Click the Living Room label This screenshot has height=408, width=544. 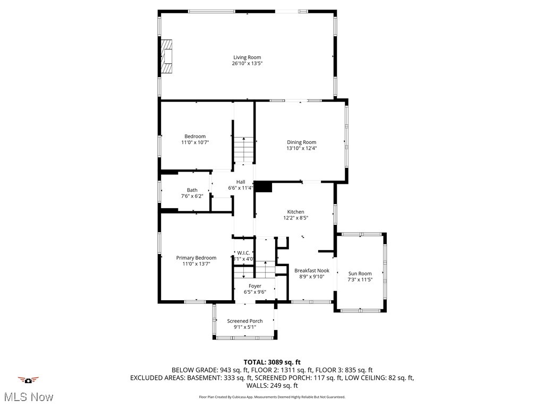[x=247, y=57]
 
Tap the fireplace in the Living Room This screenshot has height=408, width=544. [x=167, y=56]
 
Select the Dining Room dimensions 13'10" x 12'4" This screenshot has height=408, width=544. [x=301, y=148]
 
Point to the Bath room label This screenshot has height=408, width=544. [x=192, y=190]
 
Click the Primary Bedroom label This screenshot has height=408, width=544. [x=196, y=258]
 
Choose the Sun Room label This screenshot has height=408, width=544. [x=360, y=274]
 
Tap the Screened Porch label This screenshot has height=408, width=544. [x=245, y=321]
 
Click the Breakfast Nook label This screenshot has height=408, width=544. [x=312, y=270]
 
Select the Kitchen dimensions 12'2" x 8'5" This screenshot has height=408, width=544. [x=296, y=217]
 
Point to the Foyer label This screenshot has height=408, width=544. [x=255, y=286]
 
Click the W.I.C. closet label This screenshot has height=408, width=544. [x=243, y=253]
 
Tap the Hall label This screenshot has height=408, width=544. [x=241, y=182]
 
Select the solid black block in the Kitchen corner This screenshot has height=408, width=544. [x=263, y=186]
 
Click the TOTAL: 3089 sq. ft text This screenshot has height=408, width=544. [x=271, y=362]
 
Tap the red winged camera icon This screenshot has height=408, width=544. [x=28, y=380]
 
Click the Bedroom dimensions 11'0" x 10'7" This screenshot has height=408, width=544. [x=194, y=142]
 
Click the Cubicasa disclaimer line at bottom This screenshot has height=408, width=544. [x=271, y=397]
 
